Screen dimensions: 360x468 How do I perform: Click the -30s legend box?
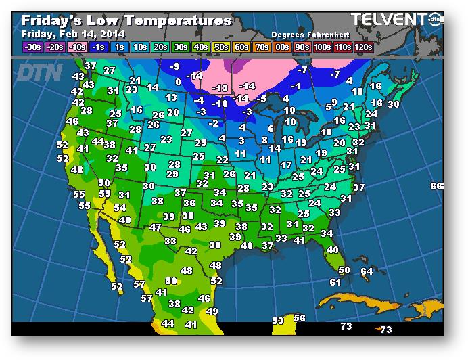(32, 47)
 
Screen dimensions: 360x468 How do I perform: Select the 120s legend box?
(363, 47)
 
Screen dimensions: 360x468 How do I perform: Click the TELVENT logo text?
(390, 20)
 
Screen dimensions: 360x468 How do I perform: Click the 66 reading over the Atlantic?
(436, 186)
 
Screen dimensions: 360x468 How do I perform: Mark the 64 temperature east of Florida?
(367, 271)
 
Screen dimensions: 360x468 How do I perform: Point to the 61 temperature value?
(335, 282)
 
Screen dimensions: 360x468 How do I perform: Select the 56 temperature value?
(300, 318)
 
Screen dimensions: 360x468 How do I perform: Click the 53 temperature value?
(278, 321)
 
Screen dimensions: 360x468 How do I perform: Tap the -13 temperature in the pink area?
(220, 89)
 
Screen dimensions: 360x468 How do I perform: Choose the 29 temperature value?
(172, 174)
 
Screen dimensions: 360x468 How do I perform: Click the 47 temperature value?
(156, 227)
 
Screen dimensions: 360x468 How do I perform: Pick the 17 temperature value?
(286, 165)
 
